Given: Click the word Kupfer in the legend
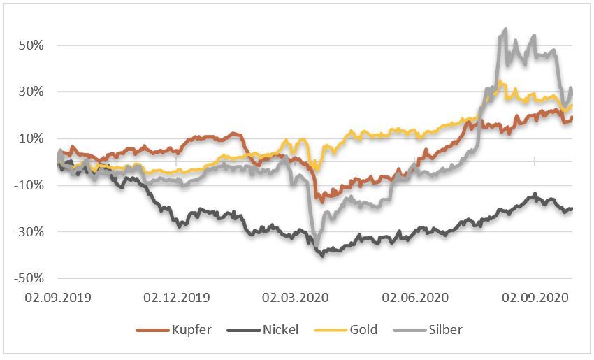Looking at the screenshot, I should pos(191,329).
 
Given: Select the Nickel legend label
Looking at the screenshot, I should pos(280,329).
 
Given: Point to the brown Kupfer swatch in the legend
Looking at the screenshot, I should pos(153,329).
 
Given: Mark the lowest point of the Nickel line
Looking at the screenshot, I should pos(322,256).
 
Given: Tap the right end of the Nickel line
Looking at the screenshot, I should pos(572,208).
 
